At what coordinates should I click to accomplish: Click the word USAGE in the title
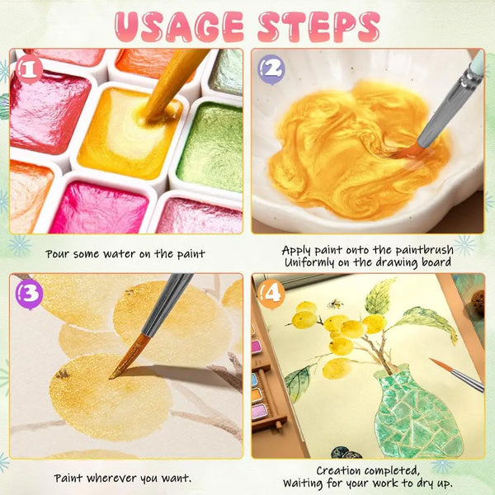point(180,26)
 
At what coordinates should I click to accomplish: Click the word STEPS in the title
point(318,26)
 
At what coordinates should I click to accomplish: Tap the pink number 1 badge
point(29,70)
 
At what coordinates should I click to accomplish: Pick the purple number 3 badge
point(29,295)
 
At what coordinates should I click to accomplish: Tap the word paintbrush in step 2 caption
point(424,250)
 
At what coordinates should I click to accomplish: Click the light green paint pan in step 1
point(211,147)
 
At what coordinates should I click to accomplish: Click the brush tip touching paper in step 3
point(111,377)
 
